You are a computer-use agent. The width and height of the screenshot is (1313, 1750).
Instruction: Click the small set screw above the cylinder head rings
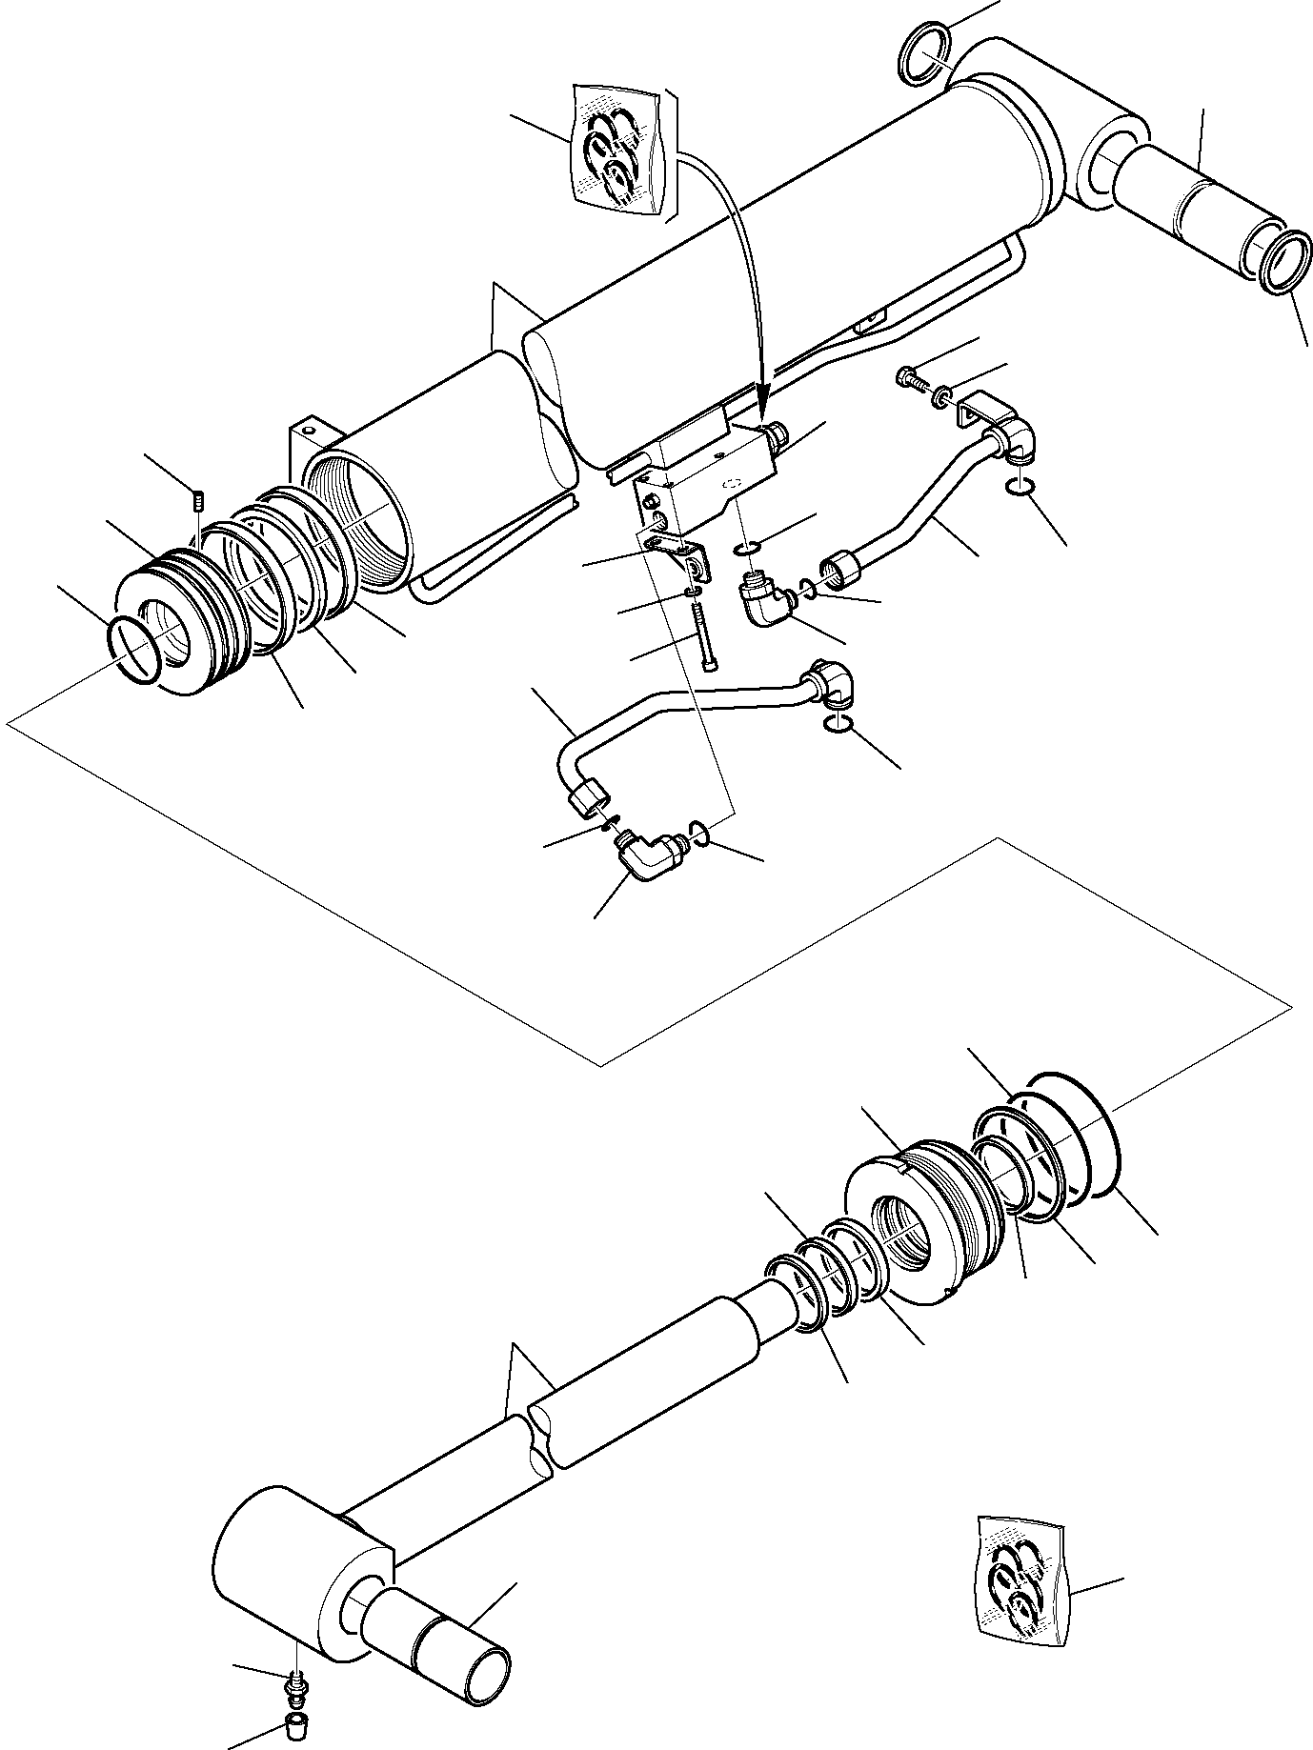tap(198, 498)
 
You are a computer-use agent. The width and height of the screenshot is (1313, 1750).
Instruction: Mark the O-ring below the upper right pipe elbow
tap(1021, 488)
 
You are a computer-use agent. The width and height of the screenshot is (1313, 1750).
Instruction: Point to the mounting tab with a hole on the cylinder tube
tap(306, 436)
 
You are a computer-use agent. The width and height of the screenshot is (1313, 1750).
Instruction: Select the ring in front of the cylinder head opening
tap(132, 649)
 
